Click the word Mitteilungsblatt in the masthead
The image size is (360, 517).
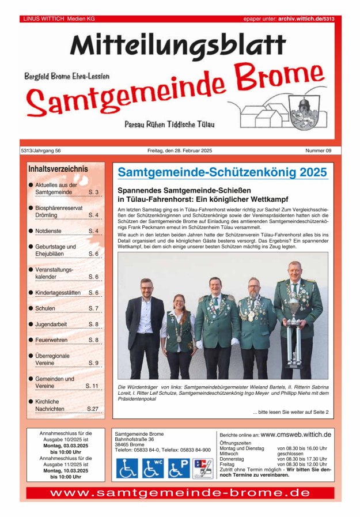click(x=178, y=45)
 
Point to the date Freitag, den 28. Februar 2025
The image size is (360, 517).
click(x=180, y=150)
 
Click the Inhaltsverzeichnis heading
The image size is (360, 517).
click(x=58, y=169)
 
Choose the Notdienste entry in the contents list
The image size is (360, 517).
click(x=48, y=231)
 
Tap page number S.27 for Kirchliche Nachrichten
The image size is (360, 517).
click(x=93, y=409)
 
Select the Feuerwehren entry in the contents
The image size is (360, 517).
click(x=52, y=340)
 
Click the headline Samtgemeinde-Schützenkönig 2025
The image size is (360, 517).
click(x=222, y=172)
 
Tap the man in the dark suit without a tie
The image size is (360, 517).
click(x=145, y=329)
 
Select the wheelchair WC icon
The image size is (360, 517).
click(x=153, y=467)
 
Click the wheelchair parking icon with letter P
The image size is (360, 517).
click(x=179, y=467)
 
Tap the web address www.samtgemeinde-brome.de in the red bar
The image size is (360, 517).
click(x=180, y=493)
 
